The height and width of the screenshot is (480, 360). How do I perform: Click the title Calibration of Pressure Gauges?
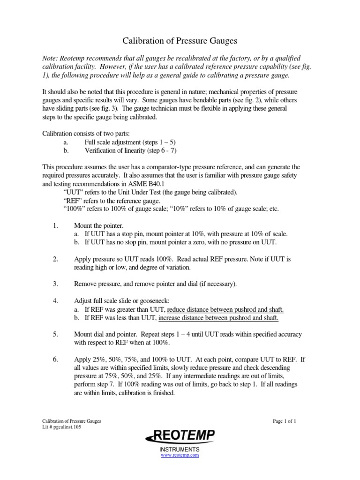pyautogui.click(x=180, y=41)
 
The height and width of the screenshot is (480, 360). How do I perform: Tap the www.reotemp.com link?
pyautogui.click(x=180, y=455)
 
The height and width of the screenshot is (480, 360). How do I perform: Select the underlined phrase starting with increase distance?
pyautogui.click(x=218, y=318)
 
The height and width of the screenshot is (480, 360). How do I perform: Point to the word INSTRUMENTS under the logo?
pyautogui.click(x=180, y=449)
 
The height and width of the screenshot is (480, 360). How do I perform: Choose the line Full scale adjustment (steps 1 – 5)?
pyautogui.click(x=130, y=142)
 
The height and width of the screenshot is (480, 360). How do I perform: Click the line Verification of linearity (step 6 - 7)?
pyautogui.click(x=131, y=150)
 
